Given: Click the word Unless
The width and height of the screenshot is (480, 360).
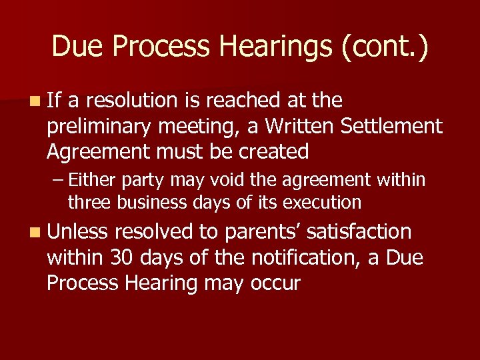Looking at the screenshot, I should pyautogui.click(x=77, y=232).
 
